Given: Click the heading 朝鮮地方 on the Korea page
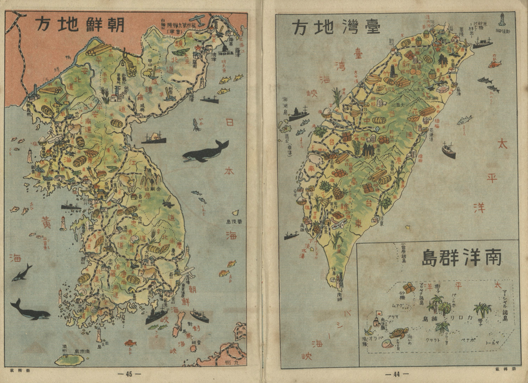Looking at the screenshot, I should tap(80, 25).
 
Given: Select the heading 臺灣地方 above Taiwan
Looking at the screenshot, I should tap(336, 26).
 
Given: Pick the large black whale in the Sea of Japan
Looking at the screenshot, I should tap(205, 152).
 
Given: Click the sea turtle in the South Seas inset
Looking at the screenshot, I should tap(399, 333).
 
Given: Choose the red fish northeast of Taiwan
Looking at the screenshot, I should tap(494, 64).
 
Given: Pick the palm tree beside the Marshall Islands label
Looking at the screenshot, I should tap(481, 310).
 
